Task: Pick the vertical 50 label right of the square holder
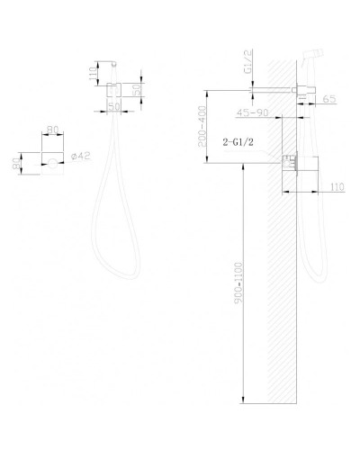point(138,91)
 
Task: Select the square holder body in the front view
point(114,91)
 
